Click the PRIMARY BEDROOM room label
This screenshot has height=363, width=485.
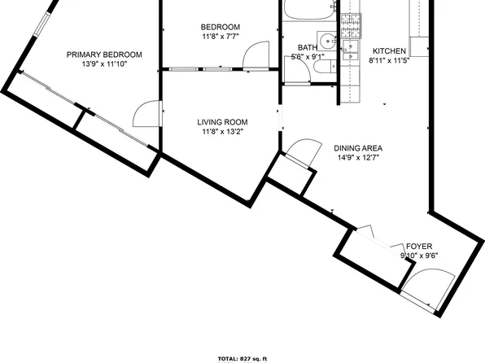click(x=104, y=55)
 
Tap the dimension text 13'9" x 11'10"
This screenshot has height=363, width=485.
click(x=104, y=65)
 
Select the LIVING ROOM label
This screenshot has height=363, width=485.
click(x=221, y=122)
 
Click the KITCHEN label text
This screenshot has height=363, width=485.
click(x=388, y=50)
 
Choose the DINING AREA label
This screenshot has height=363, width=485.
click(x=358, y=148)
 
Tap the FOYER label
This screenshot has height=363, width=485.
click(x=419, y=246)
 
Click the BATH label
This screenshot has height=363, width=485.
click(x=307, y=47)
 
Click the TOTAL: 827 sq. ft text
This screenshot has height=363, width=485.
click(x=242, y=358)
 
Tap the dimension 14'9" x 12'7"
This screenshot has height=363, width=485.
click(x=358, y=159)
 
